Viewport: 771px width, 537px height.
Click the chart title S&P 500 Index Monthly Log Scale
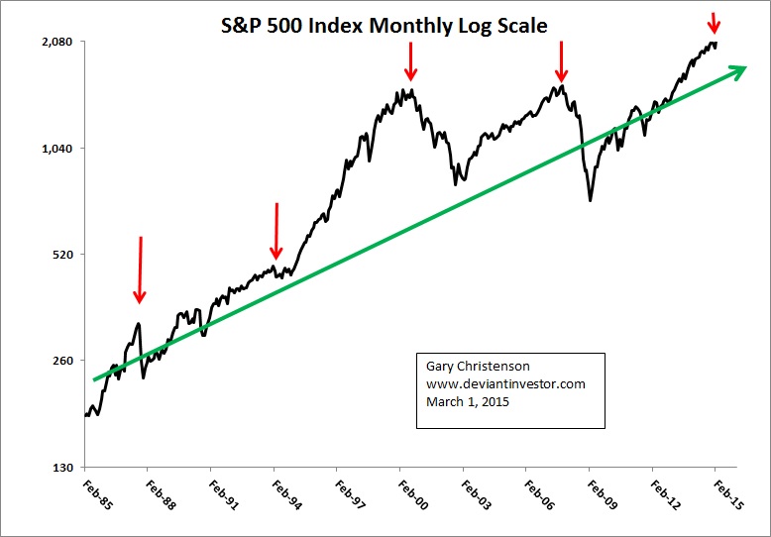(384, 26)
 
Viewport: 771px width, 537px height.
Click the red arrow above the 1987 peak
(140, 269)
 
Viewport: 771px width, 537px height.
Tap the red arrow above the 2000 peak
(411, 60)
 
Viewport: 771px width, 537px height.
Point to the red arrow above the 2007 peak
(562, 61)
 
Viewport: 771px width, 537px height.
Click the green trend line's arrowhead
(737, 69)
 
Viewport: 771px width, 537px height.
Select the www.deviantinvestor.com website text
(505, 383)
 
